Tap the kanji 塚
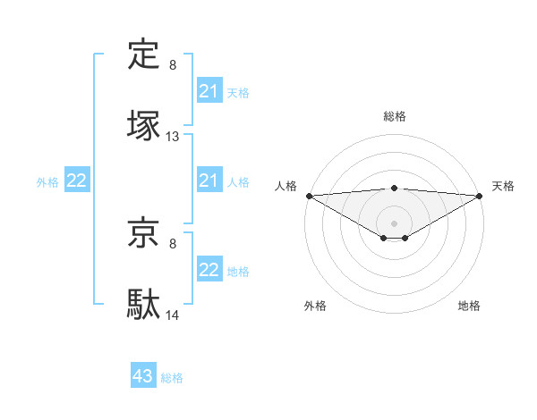(144, 125)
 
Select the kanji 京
(144, 233)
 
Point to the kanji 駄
(144, 303)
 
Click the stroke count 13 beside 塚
(173, 137)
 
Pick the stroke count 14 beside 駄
(173, 315)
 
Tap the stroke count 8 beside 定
(173, 65)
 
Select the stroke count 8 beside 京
(173, 244)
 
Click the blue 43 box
(143, 376)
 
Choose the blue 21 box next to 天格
(209, 91)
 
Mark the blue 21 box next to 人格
(209, 181)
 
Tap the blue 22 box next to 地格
(209, 270)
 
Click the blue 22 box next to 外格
(77, 181)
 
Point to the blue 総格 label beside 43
(173, 378)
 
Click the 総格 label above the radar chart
(395, 116)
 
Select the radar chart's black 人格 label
(286, 186)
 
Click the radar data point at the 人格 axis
(309, 196)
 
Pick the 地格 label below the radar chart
(469, 306)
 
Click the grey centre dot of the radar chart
(395, 223)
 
